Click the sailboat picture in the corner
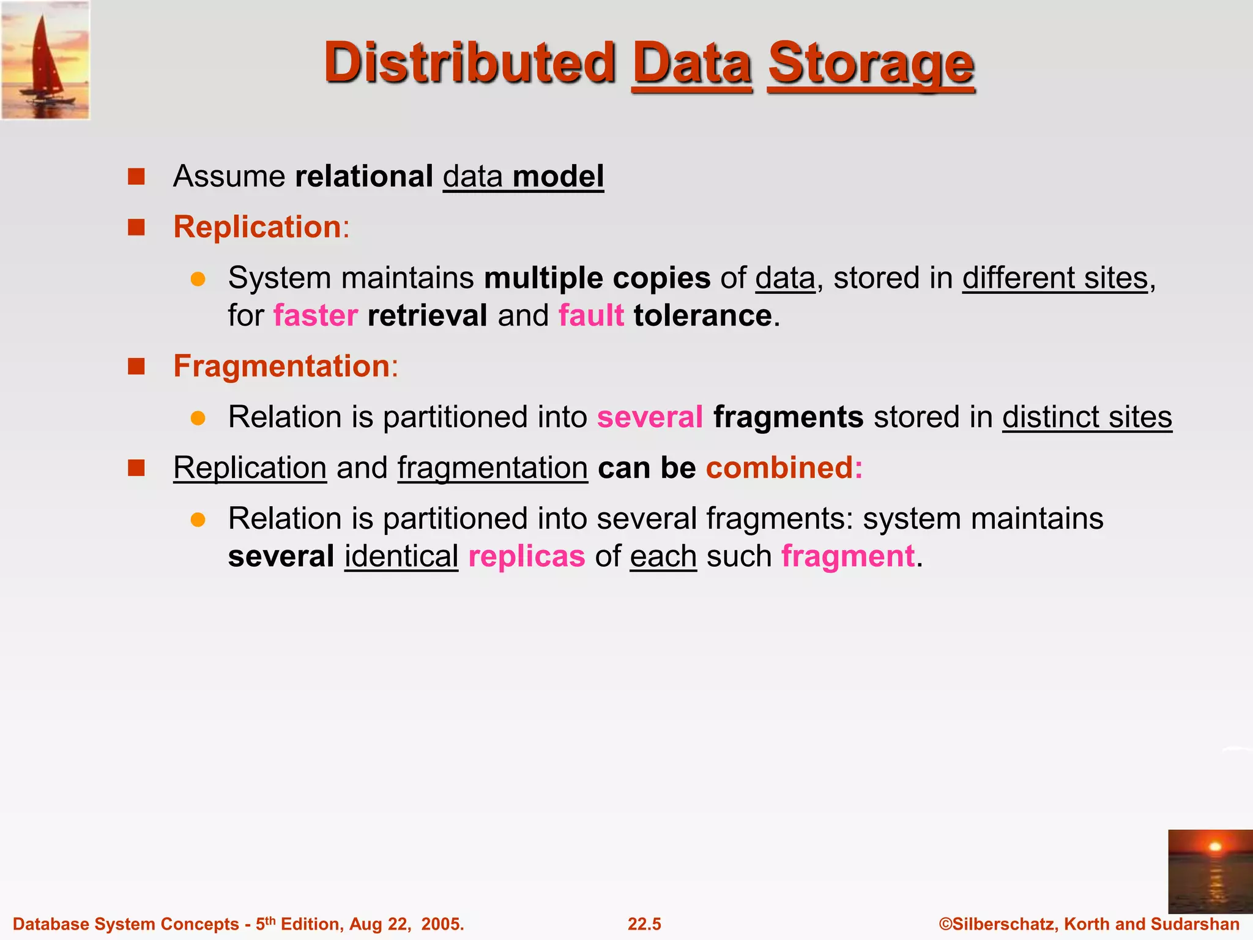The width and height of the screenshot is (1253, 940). pos(45,60)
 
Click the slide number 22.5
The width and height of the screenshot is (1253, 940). pos(644,924)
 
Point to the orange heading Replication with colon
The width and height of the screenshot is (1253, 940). pos(261,227)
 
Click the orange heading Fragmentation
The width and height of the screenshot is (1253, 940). pos(285,366)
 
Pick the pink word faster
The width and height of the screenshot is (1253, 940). pos(315,316)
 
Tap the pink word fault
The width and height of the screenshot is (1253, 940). pos(591,316)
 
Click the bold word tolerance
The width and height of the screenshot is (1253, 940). pos(703,316)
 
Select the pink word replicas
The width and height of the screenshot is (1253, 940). pos(527,556)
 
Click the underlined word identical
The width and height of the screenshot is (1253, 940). pos(401,556)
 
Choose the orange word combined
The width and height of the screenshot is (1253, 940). pos(784,468)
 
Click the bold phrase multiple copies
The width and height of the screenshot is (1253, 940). pos(597,278)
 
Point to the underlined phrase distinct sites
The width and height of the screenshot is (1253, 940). pos(1087,417)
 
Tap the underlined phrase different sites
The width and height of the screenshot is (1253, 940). pos(1055,278)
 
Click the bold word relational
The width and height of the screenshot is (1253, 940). pos(364,176)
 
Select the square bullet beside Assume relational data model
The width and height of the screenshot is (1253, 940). pos(136,177)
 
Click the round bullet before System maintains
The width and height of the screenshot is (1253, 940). pos(198,279)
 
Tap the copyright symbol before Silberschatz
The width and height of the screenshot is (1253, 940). pos(946,924)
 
